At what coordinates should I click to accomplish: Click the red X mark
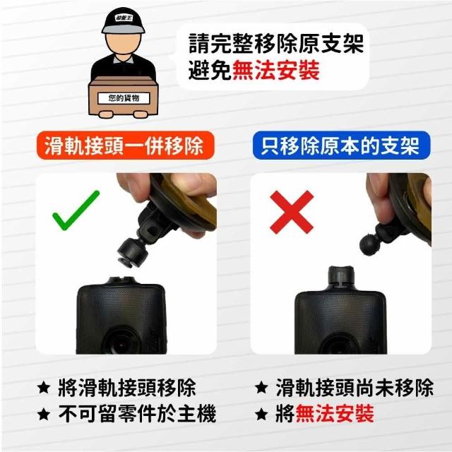[x=292, y=212]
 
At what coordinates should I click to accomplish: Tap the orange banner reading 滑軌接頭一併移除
[x=126, y=145]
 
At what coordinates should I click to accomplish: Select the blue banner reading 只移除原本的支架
[x=341, y=145]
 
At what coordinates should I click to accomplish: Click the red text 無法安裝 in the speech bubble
[x=276, y=70]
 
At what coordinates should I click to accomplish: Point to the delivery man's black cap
[x=124, y=20]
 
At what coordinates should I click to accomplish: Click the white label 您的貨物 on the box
[x=124, y=98]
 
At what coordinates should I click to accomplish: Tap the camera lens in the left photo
[x=121, y=343]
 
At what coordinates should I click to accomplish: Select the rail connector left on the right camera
[x=341, y=278]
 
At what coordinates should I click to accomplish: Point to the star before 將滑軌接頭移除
[x=44, y=388]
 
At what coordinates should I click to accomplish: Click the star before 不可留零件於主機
[x=44, y=415]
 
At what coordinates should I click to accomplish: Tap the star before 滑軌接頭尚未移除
[x=261, y=388]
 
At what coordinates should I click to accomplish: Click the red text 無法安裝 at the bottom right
[x=335, y=414]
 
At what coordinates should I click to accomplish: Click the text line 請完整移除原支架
[x=276, y=44]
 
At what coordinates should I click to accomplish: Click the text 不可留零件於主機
[x=137, y=414]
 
